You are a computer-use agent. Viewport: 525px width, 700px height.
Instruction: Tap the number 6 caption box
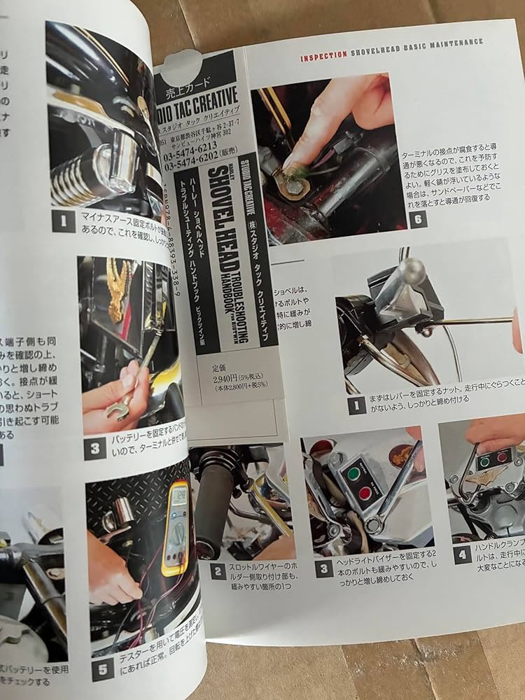419,218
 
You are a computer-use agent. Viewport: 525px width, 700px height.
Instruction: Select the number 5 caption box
102,669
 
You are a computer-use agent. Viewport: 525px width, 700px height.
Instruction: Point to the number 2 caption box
218,570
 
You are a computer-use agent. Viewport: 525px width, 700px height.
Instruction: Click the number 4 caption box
462,555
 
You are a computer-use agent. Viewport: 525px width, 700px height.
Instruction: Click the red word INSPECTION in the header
323,57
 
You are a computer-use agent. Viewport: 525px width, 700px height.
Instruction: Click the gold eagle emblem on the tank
120,287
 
